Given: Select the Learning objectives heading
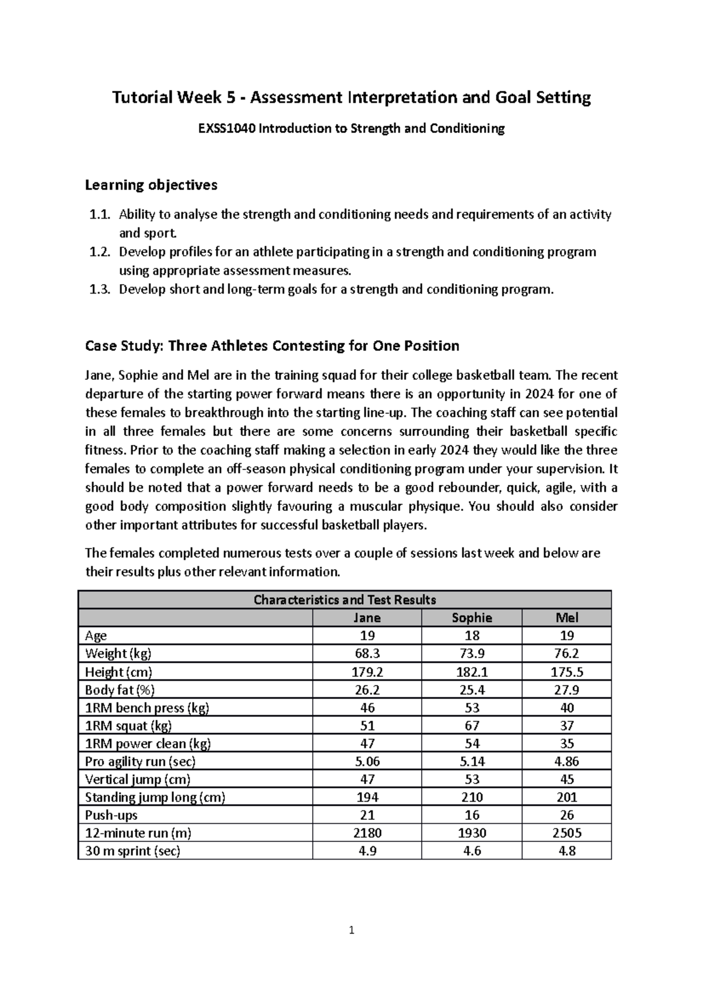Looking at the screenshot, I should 151,185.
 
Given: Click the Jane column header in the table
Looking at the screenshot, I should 367,618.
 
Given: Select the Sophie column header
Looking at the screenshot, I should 472,618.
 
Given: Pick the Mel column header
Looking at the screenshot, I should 567,618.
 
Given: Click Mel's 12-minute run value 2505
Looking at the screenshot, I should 567,833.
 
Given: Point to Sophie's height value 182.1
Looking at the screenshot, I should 472,672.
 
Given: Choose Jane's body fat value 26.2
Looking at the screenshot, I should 367,690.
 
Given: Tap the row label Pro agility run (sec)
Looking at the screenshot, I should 140,761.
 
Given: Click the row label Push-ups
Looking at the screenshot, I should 111,815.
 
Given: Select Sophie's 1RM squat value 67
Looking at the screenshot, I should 472,725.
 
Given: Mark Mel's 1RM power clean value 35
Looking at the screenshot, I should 567,744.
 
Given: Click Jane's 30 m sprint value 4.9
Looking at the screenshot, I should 367,851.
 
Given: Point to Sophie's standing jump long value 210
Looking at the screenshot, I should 472,797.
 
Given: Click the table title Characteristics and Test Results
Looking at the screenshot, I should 344,599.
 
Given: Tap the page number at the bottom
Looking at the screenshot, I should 351,930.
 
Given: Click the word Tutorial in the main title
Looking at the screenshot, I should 139,97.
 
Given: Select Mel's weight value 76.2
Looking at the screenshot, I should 567,653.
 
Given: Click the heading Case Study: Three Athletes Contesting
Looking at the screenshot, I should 272,346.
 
